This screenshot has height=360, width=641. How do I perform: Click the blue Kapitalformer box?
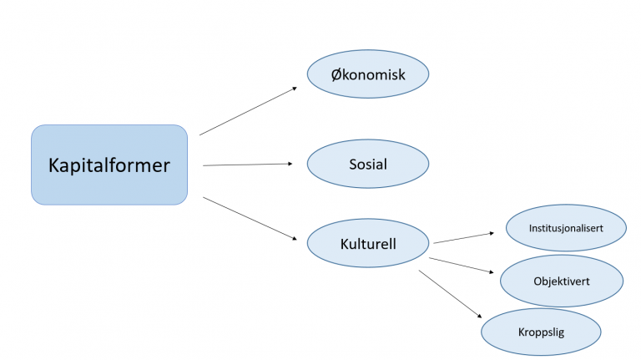(x=109, y=165)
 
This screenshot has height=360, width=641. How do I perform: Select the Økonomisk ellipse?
(x=368, y=74)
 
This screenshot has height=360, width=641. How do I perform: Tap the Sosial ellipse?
(x=368, y=164)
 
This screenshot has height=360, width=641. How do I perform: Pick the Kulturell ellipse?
(x=368, y=243)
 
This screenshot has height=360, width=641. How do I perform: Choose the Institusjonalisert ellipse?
(x=566, y=228)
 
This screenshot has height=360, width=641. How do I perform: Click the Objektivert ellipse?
(x=562, y=281)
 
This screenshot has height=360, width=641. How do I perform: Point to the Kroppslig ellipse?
(x=541, y=332)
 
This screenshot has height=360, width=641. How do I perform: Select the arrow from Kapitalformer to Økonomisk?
(x=248, y=111)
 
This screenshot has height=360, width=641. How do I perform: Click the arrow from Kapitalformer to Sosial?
(x=248, y=165)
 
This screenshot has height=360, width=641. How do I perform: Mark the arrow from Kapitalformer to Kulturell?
(x=250, y=218)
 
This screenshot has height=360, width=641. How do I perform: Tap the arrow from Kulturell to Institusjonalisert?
(x=463, y=238)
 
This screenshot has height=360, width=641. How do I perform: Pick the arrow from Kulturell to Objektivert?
(x=461, y=265)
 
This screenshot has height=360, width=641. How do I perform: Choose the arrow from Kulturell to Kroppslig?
(x=450, y=294)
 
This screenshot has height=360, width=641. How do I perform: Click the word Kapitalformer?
(x=109, y=165)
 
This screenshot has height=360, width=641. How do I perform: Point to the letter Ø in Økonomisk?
(x=336, y=74)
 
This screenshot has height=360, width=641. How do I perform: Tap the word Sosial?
(x=368, y=164)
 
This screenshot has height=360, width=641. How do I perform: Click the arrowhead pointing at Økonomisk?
(x=295, y=89)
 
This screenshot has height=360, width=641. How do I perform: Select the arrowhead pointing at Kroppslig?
(x=480, y=316)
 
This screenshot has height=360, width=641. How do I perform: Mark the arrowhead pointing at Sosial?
(x=290, y=164)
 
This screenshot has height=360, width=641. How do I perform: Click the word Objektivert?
(x=562, y=281)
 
